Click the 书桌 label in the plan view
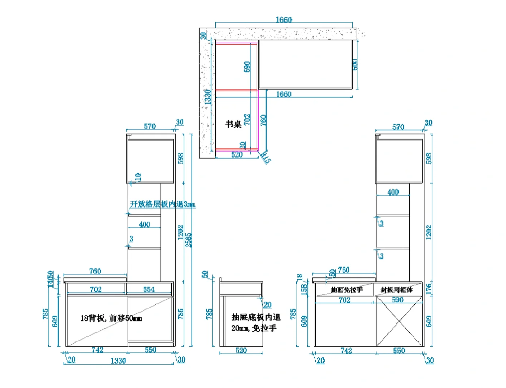click(x=233, y=124)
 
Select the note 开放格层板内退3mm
click(x=162, y=204)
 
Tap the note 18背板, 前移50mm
click(x=111, y=318)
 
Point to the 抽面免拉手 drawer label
click(x=346, y=290)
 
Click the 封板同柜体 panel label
click(x=397, y=290)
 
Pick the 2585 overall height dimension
click(x=189, y=240)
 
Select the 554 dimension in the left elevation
click(x=149, y=290)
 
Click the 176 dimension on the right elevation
click(x=428, y=288)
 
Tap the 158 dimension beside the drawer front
click(x=305, y=289)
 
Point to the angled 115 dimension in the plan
click(x=266, y=157)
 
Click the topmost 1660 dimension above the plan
click(x=284, y=20)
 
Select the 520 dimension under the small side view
click(x=241, y=350)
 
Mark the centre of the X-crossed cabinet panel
click(x=399, y=321)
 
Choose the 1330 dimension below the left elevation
click(x=118, y=361)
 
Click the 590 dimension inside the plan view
click(x=247, y=66)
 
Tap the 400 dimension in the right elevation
click(x=393, y=192)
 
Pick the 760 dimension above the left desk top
click(x=95, y=271)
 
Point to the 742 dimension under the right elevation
click(x=346, y=351)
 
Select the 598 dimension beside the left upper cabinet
click(x=181, y=158)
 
